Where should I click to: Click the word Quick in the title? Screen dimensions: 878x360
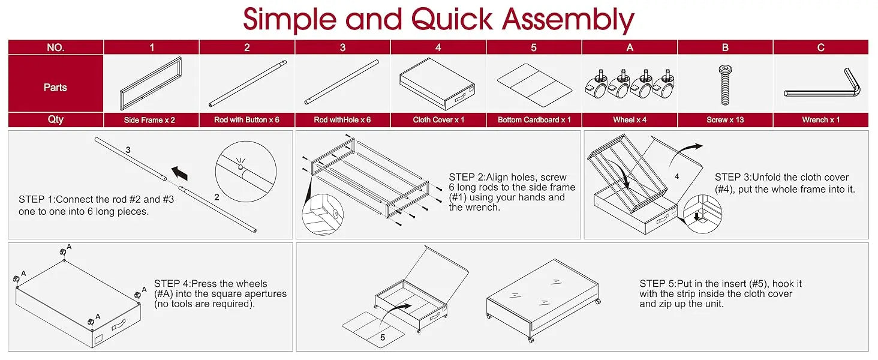[x=452, y=20]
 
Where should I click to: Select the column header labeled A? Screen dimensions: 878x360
[x=630, y=47]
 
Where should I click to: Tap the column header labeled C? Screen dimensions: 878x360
[x=820, y=47]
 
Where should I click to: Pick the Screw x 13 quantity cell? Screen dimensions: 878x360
[x=724, y=120]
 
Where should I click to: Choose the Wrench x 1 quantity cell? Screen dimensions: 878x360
[x=820, y=120]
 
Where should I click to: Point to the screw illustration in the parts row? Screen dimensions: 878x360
[x=725, y=85]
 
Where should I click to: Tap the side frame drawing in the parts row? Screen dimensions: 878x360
[x=151, y=83]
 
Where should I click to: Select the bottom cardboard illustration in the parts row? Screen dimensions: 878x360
[x=534, y=85]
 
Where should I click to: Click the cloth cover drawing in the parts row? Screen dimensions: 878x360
[x=437, y=83]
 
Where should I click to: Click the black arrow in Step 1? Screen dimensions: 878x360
[x=180, y=173]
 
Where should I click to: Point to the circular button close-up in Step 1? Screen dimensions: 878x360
[x=246, y=172]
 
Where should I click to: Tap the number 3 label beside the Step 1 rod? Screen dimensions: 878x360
[x=128, y=150]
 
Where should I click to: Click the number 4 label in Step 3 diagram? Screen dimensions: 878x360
[x=677, y=176]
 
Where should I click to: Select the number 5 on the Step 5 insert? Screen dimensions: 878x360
[x=383, y=337]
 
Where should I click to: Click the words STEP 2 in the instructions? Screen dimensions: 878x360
[x=466, y=177]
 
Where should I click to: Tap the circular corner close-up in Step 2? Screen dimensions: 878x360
[x=323, y=215]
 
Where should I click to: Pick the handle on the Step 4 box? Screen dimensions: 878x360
[x=118, y=325]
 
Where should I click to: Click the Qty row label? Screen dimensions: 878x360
[x=56, y=119]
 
